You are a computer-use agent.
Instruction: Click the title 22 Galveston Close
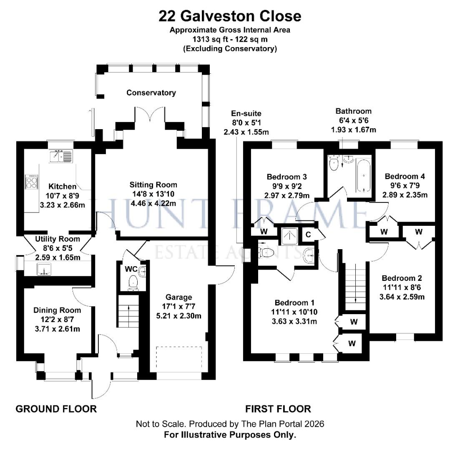click(229, 16)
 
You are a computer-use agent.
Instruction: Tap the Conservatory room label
click(151, 92)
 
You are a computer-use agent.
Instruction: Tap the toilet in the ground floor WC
click(133, 282)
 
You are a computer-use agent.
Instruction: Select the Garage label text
click(178, 297)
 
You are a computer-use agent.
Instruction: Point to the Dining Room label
click(57, 310)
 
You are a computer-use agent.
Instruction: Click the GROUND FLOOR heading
click(56, 409)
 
